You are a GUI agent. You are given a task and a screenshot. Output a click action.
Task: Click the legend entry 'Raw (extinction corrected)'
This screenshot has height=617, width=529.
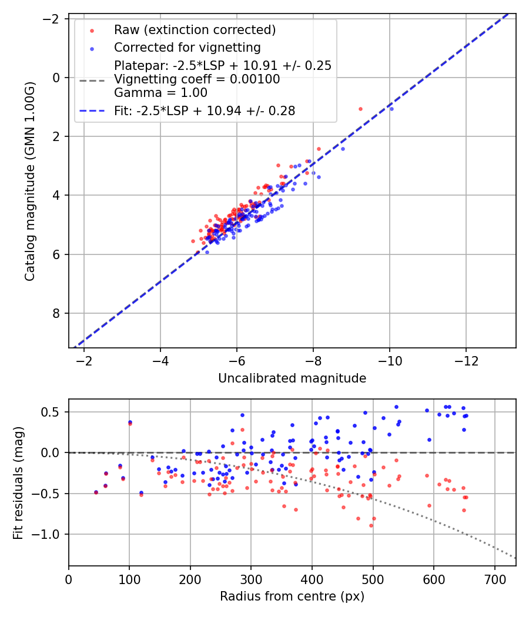coord(195,30)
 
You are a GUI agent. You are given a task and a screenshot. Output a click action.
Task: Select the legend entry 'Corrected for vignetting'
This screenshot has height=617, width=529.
coord(187,47)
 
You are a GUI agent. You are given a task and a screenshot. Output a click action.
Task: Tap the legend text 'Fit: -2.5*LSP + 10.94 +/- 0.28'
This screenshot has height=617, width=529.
coord(205,110)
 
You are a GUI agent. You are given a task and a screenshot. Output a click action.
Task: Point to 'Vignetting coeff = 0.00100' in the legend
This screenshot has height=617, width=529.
coord(197,79)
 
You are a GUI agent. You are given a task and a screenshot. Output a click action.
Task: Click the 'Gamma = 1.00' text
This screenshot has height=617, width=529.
coord(160,92)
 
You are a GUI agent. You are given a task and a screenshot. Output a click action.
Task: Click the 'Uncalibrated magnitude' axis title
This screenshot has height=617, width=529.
coord(292,378)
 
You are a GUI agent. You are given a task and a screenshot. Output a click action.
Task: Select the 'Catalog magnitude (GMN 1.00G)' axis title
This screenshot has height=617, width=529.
coord(30,182)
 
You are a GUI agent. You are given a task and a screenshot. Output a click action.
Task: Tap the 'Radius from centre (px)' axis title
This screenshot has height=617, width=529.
coord(292,596)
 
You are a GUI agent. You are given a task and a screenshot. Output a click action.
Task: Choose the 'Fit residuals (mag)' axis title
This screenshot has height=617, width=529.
coord(18,482)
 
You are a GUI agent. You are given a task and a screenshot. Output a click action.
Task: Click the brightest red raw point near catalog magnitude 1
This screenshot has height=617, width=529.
coord(360,109)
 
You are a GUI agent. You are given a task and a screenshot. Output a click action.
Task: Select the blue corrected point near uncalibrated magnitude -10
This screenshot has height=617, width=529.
coord(391,109)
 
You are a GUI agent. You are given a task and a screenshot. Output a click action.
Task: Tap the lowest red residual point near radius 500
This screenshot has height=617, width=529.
coord(371,525)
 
